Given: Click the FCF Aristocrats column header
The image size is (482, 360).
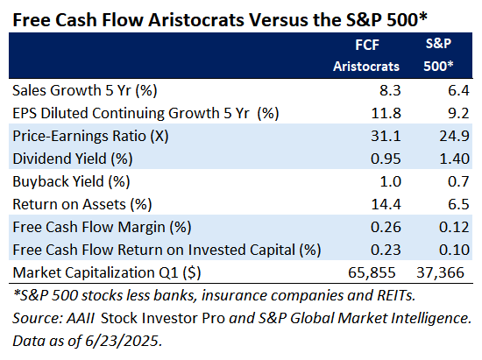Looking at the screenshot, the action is click(x=366, y=55).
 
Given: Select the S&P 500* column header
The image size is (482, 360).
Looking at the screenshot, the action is click(x=439, y=55).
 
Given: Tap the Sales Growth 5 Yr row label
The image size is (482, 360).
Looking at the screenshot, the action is click(x=85, y=90).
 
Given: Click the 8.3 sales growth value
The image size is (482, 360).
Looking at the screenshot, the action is click(x=390, y=90).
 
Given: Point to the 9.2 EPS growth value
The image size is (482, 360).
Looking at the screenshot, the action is click(x=458, y=113).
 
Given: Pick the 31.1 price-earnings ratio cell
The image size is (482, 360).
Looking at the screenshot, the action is click(x=386, y=136).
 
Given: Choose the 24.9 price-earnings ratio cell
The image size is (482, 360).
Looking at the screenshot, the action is click(x=454, y=136).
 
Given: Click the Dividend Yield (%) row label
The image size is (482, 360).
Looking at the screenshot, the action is click(x=73, y=159).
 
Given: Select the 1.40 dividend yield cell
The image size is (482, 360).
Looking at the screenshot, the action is click(x=454, y=159).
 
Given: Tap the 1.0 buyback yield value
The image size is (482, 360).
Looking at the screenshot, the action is click(x=391, y=181).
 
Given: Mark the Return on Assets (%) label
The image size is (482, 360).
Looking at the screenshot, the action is click(x=82, y=205).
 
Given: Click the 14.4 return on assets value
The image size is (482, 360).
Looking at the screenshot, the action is click(x=386, y=204).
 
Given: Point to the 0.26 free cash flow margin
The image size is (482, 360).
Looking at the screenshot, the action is click(x=386, y=227).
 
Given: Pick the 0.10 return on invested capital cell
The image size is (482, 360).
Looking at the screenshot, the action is click(x=454, y=250).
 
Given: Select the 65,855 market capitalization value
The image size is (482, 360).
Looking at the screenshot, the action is click(x=372, y=272).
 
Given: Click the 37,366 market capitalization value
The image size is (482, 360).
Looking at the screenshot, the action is click(x=440, y=272).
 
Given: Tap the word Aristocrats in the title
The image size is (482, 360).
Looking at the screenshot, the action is click(x=196, y=20).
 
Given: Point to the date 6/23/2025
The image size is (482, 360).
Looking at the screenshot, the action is click(x=123, y=341).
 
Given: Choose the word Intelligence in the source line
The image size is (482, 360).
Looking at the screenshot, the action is click(x=431, y=318).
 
